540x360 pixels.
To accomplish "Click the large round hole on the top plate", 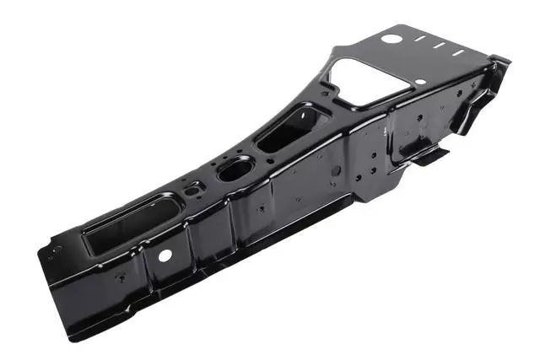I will (391, 38).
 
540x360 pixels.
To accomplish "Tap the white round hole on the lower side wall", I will (165, 254).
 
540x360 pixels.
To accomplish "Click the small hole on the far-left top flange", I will (57, 250).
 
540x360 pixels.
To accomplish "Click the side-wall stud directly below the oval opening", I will (261, 207).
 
